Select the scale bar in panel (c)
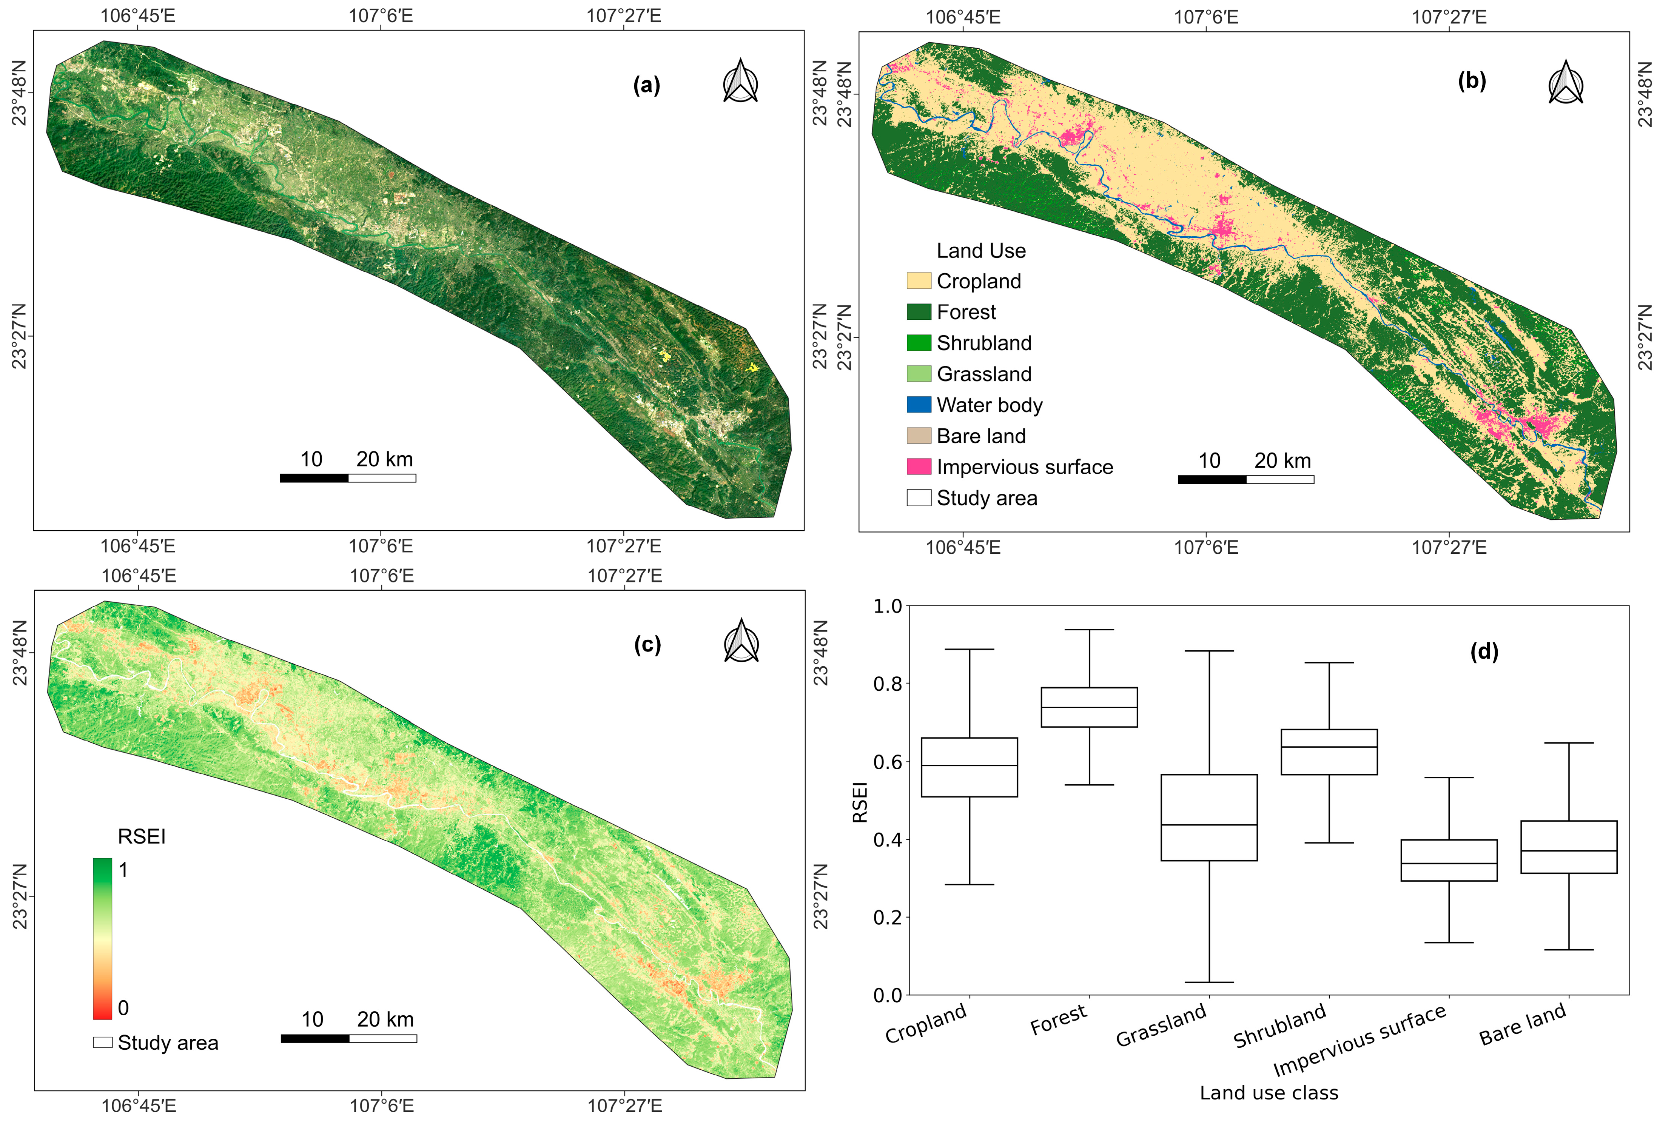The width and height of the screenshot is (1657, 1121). click(x=349, y=1038)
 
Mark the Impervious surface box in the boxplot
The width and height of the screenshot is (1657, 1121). click(x=1449, y=860)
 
